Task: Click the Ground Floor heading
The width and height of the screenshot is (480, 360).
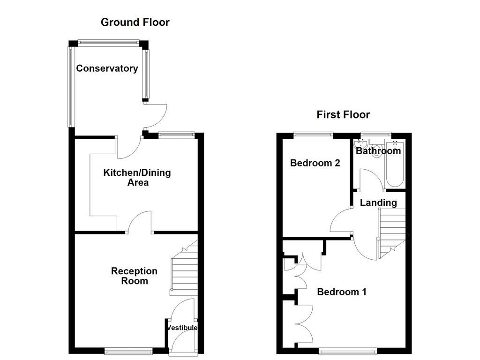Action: click(135, 22)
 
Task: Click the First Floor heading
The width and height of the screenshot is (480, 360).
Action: click(343, 114)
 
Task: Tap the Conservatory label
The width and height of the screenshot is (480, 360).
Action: click(107, 68)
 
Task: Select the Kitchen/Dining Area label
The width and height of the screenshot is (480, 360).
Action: click(137, 178)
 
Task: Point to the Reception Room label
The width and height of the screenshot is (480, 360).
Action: click(134, 276)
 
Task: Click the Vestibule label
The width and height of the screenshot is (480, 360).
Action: click(183, 328)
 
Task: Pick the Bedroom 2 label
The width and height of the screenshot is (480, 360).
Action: click(315, 163)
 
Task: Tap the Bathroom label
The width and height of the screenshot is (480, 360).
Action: click(378, 151)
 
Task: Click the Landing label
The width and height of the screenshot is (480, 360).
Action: click(378, 202)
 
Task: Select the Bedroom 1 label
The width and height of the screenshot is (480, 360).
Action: click(342, 292)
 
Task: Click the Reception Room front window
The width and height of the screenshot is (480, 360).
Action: click(128, 350)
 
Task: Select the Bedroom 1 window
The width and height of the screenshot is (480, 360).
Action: click(347, 350)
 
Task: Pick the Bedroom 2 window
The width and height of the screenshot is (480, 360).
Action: click(314, 135)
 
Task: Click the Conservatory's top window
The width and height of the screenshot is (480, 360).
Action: click(109, 43)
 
